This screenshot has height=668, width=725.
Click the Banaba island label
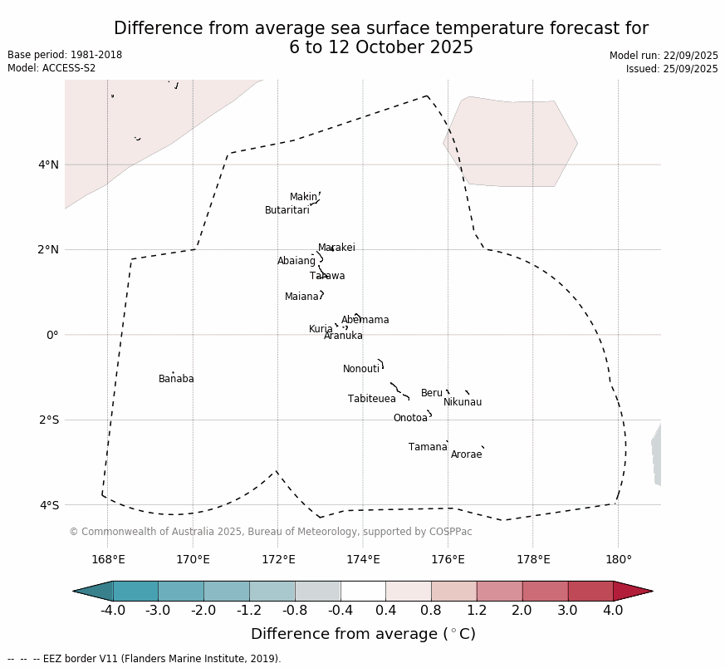pyautogui.click(x=176, y=380)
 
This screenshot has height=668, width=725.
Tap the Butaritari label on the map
pyautogui.click(x=287, y=211)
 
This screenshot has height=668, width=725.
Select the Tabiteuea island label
pyautogui.click(x=372, y=400)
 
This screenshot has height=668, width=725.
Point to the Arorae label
pyautogui.click(x=467, y=455)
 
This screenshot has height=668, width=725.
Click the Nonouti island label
pyautogui.click(x=361, y=370)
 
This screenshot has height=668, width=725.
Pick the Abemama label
pyautogui.click(x=365, y=321)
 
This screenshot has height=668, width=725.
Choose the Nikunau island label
pyautogui.click(x=463, y=403)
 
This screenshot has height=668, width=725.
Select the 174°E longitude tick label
pyautogui.click(x=363, y=559)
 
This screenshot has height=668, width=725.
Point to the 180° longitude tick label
pyautogui.click(x=619, y=559)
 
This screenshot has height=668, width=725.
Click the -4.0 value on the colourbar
pyautogui.click(x=113, y=612)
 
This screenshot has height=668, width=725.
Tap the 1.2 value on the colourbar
pyautogui.click(x=477, y=612)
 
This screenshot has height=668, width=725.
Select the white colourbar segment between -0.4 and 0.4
pyautogui.click(x=363, y=591)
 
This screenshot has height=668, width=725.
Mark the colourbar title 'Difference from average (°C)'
pyautogui.click(x=363, y=635)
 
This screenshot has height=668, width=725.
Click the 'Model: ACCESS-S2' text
pyautogui.click(x=51, y=68)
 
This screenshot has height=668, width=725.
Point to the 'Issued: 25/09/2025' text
pyautogui.click(x=672, y=69)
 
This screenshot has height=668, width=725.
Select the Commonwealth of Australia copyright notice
pyautogui.click(x=271, y=532)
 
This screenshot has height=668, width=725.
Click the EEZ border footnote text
pyautogui.click(x=145, y=659)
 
